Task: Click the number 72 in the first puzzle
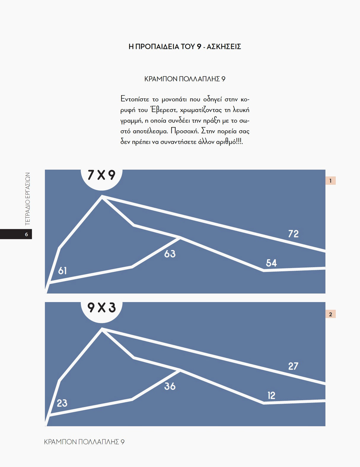tap(293, 234)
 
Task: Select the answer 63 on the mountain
tap(170, 254)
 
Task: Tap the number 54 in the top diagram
tap(271, 263)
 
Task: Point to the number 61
tap(62, 271)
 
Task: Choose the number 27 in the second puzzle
tap(293, 366)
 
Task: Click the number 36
tap(170, 386)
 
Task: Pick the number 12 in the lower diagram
tap(271, 396)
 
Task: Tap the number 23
tap(62, 403)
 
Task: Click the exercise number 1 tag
tap(331, 181)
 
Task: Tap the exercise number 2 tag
tap(331, 314)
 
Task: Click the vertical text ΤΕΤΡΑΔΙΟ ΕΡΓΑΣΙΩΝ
tap(28, 199)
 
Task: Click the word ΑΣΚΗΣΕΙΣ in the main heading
tap(224, 47)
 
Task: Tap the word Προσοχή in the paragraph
tap(185, 131)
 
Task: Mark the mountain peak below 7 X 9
tap(102, 196)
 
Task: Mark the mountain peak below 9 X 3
tap(102, 329)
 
